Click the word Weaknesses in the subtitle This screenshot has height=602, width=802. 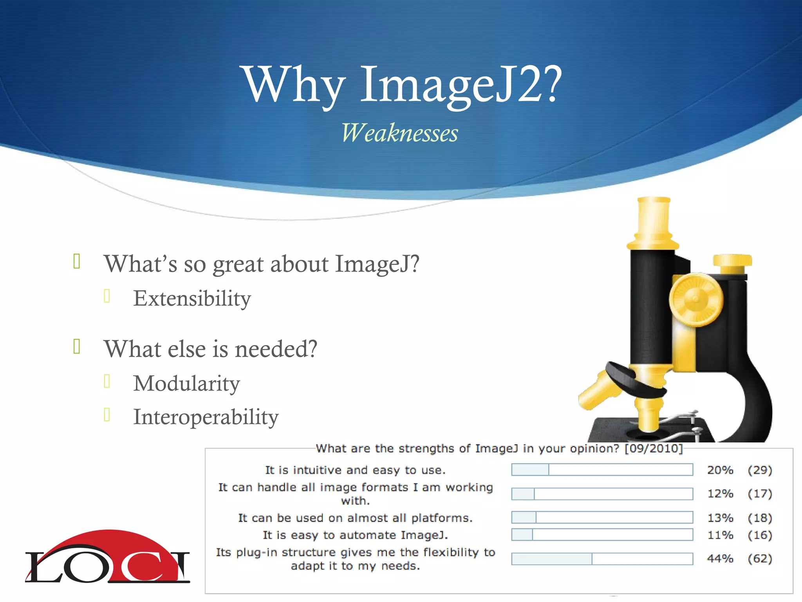[x=399, y=133]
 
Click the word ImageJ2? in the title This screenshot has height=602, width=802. [x=461, y=85]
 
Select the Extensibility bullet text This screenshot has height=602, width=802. [x=192, y=299]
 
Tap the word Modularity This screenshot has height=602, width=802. [x=186, y=383]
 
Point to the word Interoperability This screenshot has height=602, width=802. [x=206, y=417]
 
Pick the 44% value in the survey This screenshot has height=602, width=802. [x=720, y=558]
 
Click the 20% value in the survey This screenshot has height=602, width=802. [x=720, y=470]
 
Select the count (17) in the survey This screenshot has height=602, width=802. [x=760, y=494]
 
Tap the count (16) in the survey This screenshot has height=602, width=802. [x=760, y=535]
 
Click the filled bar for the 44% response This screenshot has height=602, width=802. [x=552, y=559]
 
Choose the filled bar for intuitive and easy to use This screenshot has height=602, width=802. [x=530, y=470]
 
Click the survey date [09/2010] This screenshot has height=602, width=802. [x=654, y=448]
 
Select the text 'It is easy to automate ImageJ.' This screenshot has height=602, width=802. [x=355, y=535]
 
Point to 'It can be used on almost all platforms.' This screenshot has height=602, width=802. [x=355, y=518]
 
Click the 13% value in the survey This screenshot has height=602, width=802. [x=720, y=518]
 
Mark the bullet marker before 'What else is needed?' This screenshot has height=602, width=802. [x=77, y=346]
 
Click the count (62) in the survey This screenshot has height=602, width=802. [x=760, y=558]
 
